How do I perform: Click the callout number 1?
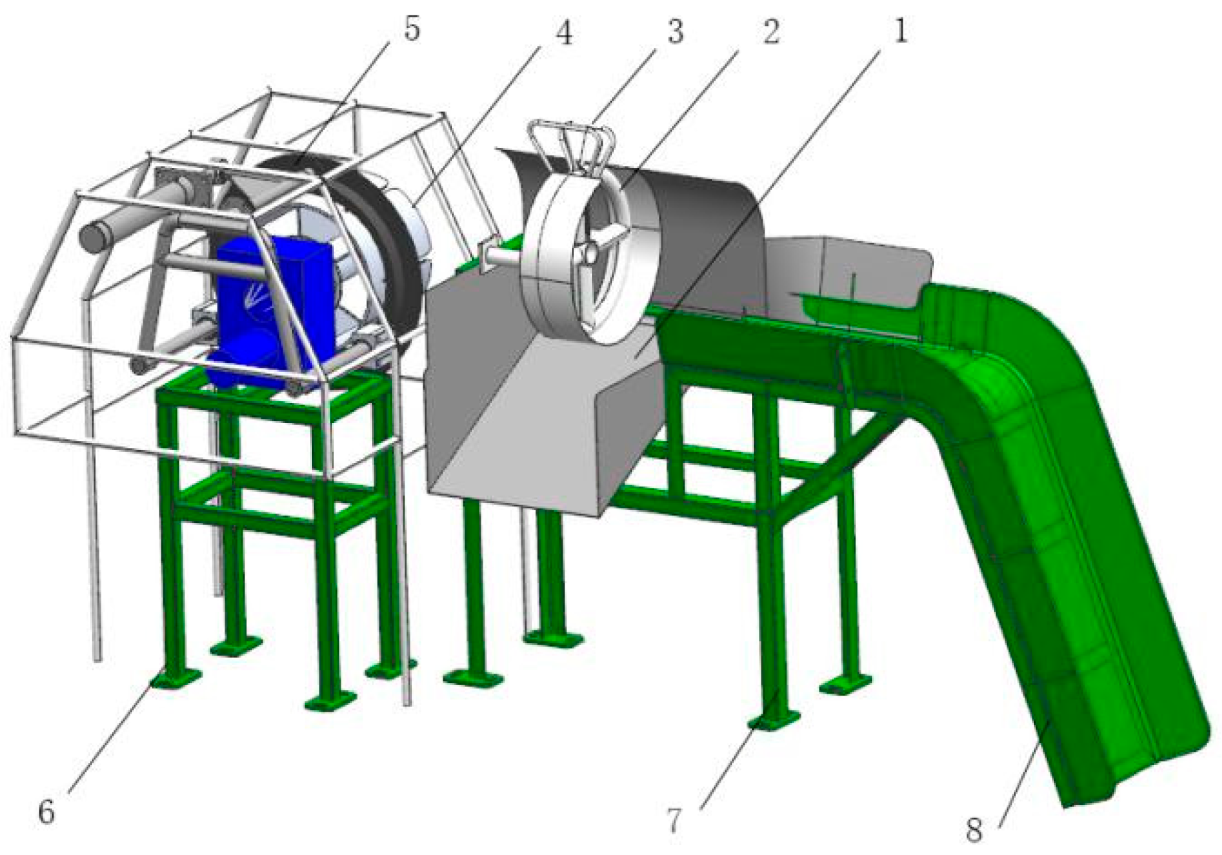coord(900,31)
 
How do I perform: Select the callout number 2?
coord(771,31)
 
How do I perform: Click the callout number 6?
coord(46,812)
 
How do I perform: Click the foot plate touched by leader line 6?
coord(175,678)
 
